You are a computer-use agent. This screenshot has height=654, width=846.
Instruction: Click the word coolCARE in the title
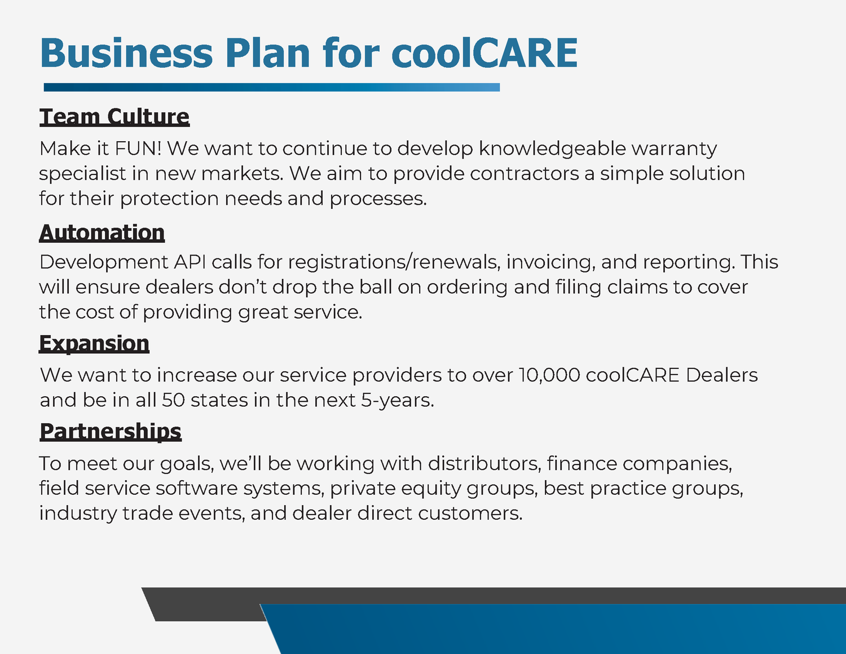click(x=484, y=53)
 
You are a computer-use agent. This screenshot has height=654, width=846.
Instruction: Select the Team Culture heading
click(x=114, y=116)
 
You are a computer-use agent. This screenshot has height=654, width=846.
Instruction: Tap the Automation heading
click(x=102, y=232)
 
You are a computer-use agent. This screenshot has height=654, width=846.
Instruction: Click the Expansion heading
click(x=94, y=343)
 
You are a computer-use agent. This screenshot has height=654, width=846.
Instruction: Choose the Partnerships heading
click(x=111, y=431)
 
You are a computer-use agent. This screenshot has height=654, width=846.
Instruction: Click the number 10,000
click(x=549, y=375)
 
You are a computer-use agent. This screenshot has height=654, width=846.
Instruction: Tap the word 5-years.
click(x=398, y=400)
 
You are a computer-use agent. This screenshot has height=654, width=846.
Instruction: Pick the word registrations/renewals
click(x=394, y=262)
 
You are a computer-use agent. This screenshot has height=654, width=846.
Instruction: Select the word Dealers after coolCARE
click(x=721, y=375)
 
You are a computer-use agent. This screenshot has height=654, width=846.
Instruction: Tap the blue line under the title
click(x=271, y=87)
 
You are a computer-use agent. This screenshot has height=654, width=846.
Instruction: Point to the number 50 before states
click(x=173, y=400)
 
